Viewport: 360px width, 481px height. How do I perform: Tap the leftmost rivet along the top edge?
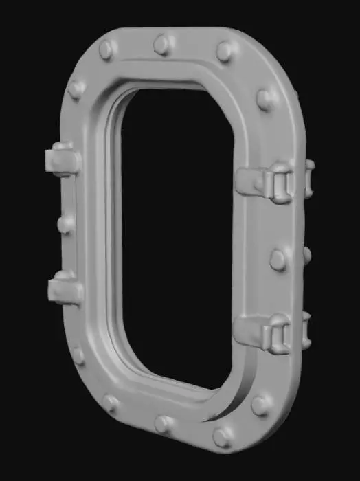106,49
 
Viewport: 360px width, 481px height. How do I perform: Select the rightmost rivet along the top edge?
225,51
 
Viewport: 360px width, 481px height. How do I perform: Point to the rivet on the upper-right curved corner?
264,99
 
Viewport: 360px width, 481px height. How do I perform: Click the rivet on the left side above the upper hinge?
76,89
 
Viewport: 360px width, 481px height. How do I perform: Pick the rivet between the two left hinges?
66,223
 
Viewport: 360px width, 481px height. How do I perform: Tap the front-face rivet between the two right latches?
278,259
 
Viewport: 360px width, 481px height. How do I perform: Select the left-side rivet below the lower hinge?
78,355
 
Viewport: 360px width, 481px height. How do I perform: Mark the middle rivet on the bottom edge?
164,423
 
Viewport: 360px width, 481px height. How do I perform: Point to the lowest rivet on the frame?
222,436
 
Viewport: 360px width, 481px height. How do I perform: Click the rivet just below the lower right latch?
261,404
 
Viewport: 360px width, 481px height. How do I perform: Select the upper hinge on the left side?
61,159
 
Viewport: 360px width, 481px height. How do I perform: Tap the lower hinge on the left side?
63,287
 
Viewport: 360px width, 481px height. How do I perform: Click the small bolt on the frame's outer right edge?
306,255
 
